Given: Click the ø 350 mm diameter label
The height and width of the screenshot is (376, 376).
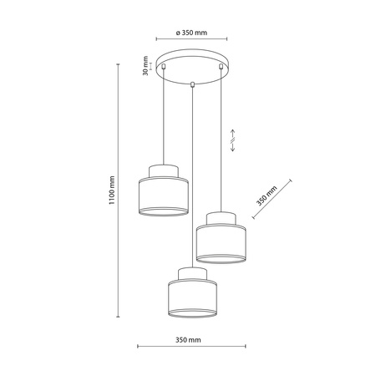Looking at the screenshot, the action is click(x=191, y=33).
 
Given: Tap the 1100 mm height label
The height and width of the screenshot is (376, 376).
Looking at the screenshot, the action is click(x=112, y=191).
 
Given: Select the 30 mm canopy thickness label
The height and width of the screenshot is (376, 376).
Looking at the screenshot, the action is click(x=145, y=66).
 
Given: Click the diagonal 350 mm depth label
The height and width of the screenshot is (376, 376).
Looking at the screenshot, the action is click(x=267, y=196).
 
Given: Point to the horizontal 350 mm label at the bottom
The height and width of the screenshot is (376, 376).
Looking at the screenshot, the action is click(x=188, y=340).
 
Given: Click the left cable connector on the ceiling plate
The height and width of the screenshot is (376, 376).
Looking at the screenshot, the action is click(x=164, y=66).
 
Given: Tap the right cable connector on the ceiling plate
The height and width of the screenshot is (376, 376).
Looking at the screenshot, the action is click(x=221, y=66).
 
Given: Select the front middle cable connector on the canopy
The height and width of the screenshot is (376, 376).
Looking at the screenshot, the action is click(x=192, y=84).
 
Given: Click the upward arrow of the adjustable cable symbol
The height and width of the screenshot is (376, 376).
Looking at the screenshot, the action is click(x=233, y=134).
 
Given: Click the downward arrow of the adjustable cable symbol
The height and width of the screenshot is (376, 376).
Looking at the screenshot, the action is click(x=233, y=147).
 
